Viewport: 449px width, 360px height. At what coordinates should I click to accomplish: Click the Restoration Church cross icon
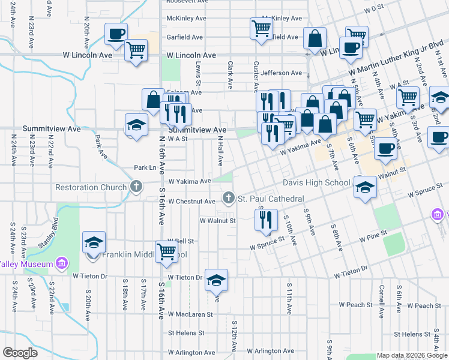pyautogui.click(x=136, y=187)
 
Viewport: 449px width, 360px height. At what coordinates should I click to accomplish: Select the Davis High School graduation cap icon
pyautogui.click(x=364, y=187)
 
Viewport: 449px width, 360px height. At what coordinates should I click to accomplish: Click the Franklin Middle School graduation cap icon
pyautogui.click(x=94, y=242)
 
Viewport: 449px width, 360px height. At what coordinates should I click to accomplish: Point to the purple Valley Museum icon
pyautogui.click(x=61, y=263)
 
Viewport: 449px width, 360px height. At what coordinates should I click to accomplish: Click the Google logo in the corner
pyautogui.click(x=20, y=352)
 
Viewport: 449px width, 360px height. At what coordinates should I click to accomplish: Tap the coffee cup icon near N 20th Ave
pyautogui.click(x=116, y=34)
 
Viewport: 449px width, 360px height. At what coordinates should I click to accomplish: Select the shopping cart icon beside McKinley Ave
pyautogui.click(x=261, y=28)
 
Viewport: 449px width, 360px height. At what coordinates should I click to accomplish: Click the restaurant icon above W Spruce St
pyautogui.click(x=266, y=219)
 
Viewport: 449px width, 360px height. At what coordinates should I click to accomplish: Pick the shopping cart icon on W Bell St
pyautogui.click(x=166, y=251)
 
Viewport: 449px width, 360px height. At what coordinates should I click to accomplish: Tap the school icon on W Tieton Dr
pyautogui.click(x=216, y=280)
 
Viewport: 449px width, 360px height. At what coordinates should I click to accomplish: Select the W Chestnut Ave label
pyautogui.click(x=191, y=202)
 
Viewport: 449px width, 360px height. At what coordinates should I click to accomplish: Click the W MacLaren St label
pyautogui.click(x=190, y=314)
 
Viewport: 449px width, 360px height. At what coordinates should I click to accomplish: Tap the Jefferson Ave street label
pyautogui.click(x=281, y=73)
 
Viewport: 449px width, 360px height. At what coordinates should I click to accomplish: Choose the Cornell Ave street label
pyautogui.click(x=381, y=298)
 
